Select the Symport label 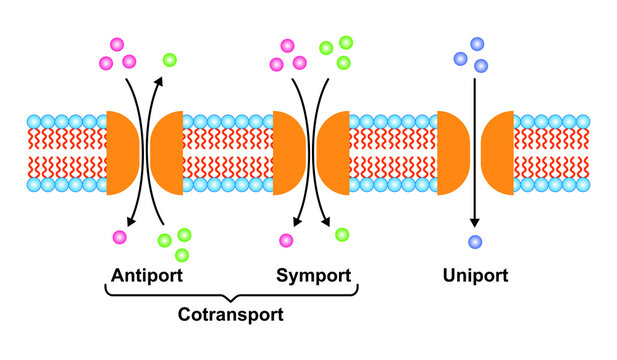pos(313,275)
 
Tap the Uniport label pos(476,275)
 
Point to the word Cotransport pos(230,314)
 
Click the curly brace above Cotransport pos(231,294)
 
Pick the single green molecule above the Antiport pos(168,60)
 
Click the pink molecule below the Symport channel pos(286,240)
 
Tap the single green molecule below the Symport pos(342,235)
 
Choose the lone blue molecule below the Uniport pos(474,240)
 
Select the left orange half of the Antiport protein pos(122,152)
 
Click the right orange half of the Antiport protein pos(167,152)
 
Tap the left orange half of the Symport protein pos(287,152)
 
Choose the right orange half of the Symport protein pos(332,152)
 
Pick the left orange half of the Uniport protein pos(452,152)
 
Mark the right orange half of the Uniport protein pos(498,152)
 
